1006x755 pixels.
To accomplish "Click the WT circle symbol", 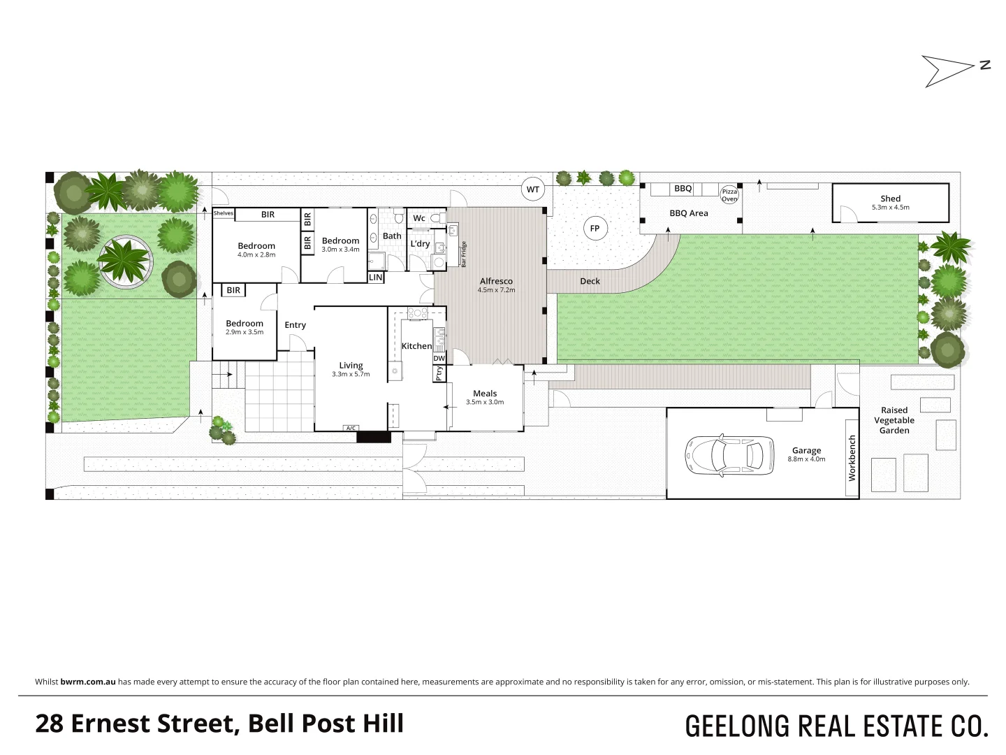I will (x=533, y=189).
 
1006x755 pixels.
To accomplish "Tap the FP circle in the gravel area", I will (x=595, y=229).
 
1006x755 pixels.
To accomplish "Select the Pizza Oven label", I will (x=729, y=195).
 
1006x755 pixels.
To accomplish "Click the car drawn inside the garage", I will (x=730, y=456).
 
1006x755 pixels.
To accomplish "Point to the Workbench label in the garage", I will (x=852, y=458).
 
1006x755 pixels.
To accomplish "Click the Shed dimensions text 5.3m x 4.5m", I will (x=890, y=208).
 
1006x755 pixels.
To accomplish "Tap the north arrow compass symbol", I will (x=950, y=70).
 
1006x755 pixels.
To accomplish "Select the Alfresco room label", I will (x=496, y=281).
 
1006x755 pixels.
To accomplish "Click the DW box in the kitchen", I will (x=439, y=359).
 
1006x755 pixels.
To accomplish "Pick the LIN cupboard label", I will (x=376, y=278).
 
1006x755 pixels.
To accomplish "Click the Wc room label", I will (x=419, y=218).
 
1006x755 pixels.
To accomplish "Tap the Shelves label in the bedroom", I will (x=224, y=213).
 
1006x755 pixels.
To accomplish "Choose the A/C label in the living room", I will (x=351, y=428).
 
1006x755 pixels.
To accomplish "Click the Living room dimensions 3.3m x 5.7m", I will (x=351, y=375).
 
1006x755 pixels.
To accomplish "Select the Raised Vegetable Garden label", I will (x=894, y=420).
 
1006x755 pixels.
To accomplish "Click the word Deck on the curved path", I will (x=590, y=281).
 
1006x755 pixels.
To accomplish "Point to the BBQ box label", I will (x=683, y=189).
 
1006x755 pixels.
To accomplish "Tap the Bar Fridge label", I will (x=463, y=254).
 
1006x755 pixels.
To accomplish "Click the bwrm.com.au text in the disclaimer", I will (x=88, y=682).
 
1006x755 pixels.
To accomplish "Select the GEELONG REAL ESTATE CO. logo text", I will (x=836, y=726).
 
